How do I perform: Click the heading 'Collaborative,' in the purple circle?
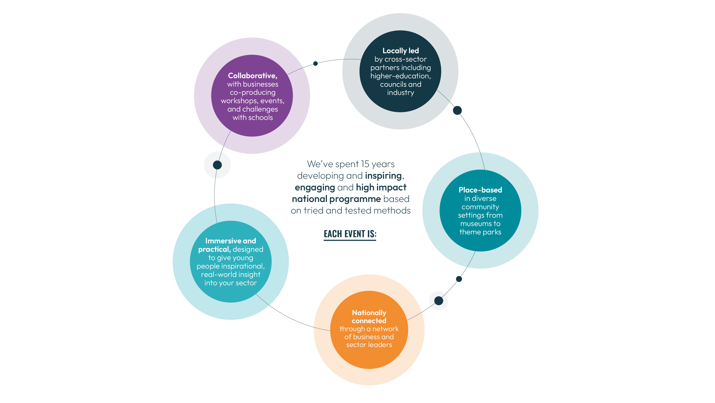253,76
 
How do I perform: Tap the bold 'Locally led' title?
400,51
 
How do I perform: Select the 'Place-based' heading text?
480,190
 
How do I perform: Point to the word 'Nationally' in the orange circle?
369,312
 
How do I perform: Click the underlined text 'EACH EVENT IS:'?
350,234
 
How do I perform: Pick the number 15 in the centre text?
365,164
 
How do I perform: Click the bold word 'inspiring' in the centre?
383,176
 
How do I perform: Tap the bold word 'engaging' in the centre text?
315,188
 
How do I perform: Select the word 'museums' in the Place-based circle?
472,224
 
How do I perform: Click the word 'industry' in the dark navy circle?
400,93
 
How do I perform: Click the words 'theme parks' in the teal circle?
480,232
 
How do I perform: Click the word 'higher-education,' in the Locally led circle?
400,76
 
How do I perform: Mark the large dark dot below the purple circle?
217,165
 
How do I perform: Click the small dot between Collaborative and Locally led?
315,63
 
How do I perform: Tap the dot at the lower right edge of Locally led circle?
457,110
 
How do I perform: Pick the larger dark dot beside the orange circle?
438,300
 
